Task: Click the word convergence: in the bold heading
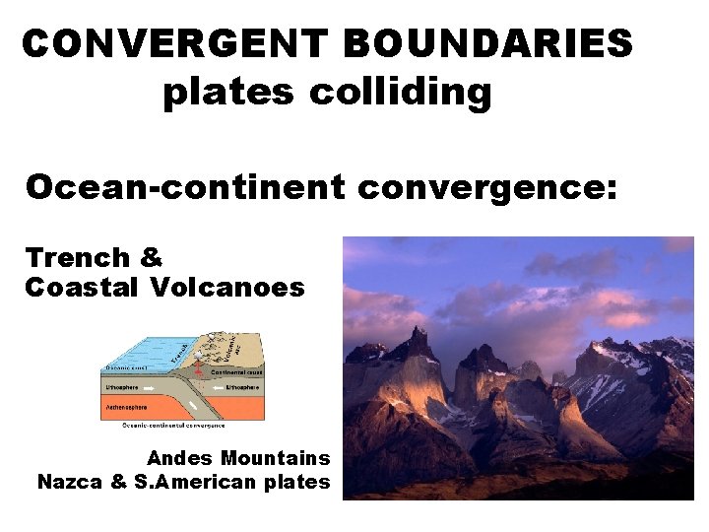487,186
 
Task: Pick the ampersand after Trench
151,258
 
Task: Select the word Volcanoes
227,288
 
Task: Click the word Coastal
84,288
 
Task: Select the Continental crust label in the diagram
235,372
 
